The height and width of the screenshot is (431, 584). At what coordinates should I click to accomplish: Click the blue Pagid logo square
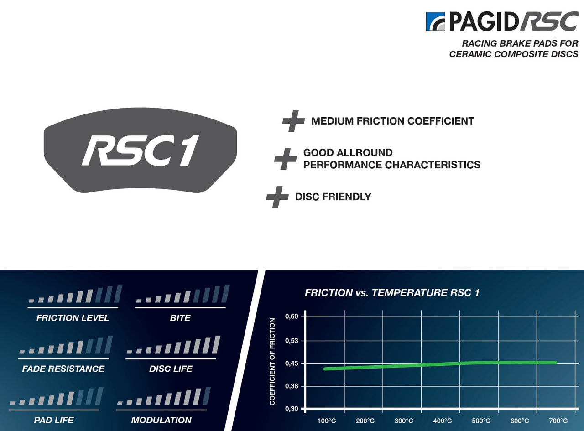point(436,21)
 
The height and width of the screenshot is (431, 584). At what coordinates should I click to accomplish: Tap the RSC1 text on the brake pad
point(141,151)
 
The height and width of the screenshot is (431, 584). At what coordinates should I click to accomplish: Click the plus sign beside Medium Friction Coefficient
point(293,121)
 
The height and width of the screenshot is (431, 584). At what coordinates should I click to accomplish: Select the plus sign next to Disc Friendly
point(277,197)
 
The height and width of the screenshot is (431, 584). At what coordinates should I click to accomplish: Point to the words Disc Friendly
point(333,197)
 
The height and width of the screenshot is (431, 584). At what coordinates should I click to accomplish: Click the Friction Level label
point(73,318)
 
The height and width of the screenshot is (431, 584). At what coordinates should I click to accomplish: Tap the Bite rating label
point(180,318)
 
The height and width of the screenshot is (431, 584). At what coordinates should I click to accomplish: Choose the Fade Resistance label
point(63,369)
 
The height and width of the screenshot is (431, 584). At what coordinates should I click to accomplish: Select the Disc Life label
point(171,369)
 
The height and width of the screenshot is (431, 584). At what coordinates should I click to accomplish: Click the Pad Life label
point(54,420)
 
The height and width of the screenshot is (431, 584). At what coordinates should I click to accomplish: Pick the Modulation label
point(161,420)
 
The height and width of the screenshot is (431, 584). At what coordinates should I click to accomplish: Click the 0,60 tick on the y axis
point(292,316)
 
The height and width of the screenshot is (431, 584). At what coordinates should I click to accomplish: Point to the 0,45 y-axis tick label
point(292,363)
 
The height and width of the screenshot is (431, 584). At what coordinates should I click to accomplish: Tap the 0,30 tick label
point(292,409)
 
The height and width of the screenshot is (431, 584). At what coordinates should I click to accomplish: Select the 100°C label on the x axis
point(327,421)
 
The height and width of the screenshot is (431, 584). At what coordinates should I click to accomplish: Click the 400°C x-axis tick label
point(443,421)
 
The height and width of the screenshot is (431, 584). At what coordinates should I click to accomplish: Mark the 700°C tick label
point(558,421)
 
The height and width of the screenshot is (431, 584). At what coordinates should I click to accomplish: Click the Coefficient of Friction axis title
point(272,362)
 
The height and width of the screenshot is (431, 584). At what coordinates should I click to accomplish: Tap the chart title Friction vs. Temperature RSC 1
point(392,293)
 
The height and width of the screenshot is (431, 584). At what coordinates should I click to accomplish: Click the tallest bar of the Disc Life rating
point(216,345)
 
